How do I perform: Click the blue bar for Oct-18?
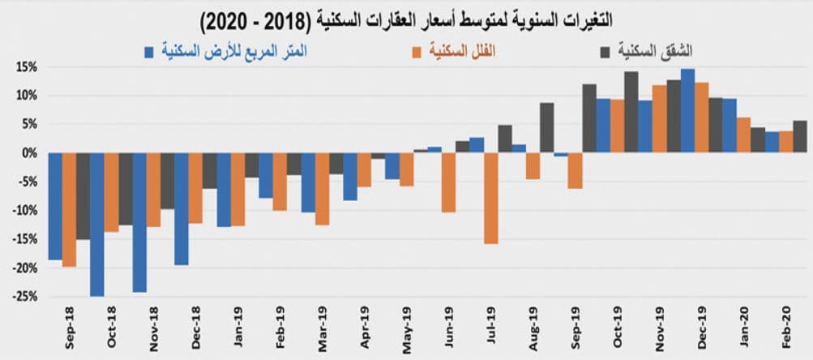[97, 224]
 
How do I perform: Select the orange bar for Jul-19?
[490, 198]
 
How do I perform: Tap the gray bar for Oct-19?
[631, 112]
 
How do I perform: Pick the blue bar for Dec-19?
[687, 110]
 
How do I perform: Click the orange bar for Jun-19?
[448, 182]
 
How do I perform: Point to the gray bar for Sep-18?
[83, 195]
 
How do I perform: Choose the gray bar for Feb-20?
[799, 136]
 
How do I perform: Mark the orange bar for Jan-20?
[743, 135]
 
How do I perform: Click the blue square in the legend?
[149, 53]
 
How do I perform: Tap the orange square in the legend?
[417, 53]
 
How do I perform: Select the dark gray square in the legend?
[604, 53]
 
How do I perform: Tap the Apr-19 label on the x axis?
[366, 325]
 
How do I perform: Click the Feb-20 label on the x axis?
[786, 325]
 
